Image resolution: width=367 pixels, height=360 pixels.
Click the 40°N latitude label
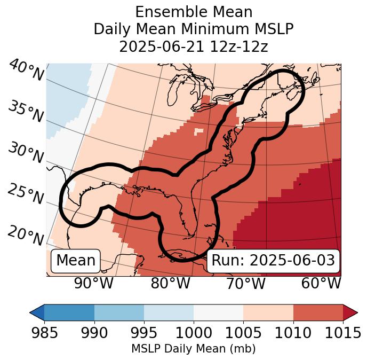25,71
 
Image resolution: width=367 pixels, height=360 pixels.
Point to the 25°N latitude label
25,194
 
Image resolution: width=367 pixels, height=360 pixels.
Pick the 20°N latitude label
25,236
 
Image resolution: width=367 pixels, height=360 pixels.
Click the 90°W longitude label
94,284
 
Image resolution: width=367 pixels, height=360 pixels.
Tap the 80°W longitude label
170,284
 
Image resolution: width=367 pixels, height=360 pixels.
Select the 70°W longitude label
245,284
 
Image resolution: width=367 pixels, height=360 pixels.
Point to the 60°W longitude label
321,284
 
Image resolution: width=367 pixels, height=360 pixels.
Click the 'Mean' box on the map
76,261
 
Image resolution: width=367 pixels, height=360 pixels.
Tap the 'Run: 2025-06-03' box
273,261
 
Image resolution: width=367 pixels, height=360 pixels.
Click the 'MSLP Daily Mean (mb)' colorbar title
194,349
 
